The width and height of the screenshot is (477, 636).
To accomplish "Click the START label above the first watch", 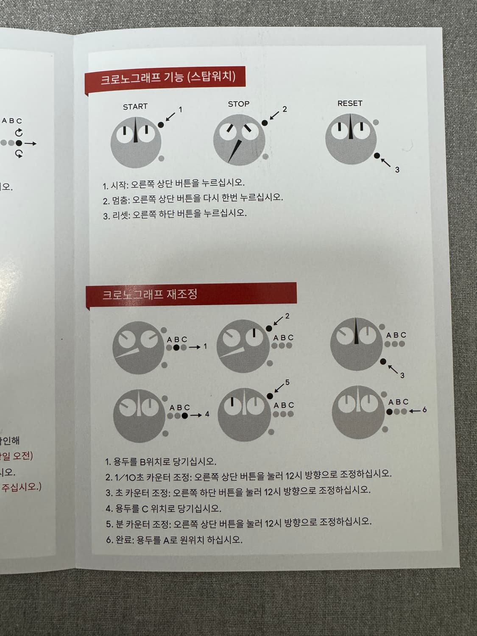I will (135, 107).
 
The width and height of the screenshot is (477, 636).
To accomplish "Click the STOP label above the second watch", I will (239, 104).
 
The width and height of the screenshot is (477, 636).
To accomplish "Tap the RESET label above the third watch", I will (350, 103).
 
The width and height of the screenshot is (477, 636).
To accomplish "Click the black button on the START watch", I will (161, 125).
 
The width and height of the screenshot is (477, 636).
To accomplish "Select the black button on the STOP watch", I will (265, 123).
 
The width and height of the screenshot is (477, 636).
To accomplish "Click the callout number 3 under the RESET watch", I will (397, 170).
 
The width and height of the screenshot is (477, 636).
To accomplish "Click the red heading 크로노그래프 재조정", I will (150, 294).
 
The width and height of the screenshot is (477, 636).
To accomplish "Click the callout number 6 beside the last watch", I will (424, 410).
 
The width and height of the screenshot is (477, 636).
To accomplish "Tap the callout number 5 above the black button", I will (287, 382).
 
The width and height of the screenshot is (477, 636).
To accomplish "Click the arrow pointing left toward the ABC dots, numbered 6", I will (415, 411).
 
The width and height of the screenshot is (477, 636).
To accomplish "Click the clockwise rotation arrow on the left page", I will (19, 133).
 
